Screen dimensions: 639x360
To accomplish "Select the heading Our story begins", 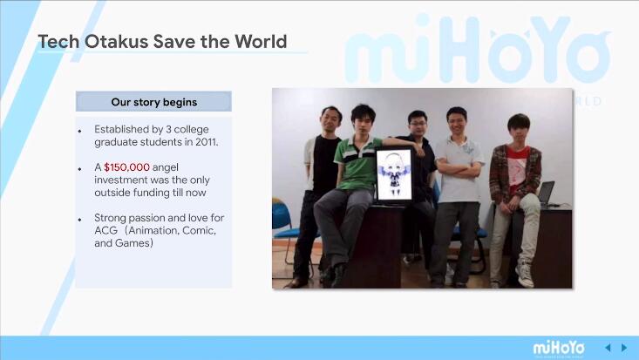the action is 154,102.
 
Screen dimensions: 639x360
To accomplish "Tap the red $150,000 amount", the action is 126,167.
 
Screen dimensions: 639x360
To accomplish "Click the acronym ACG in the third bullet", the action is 106,230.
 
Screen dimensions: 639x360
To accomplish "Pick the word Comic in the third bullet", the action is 199,230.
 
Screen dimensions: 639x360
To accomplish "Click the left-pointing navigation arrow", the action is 608,348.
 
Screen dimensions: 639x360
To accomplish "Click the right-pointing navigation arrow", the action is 624,348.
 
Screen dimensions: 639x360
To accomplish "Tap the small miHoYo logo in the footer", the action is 559,348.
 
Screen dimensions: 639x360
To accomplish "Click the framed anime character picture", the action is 394,175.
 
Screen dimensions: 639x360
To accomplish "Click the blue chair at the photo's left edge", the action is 282,223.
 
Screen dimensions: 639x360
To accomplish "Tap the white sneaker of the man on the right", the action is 525,275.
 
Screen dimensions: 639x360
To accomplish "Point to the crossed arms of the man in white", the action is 459,169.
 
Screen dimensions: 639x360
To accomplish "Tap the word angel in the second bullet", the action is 165,168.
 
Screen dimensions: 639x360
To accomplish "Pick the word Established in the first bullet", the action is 123,129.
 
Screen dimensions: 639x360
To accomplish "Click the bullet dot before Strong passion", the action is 80,220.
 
